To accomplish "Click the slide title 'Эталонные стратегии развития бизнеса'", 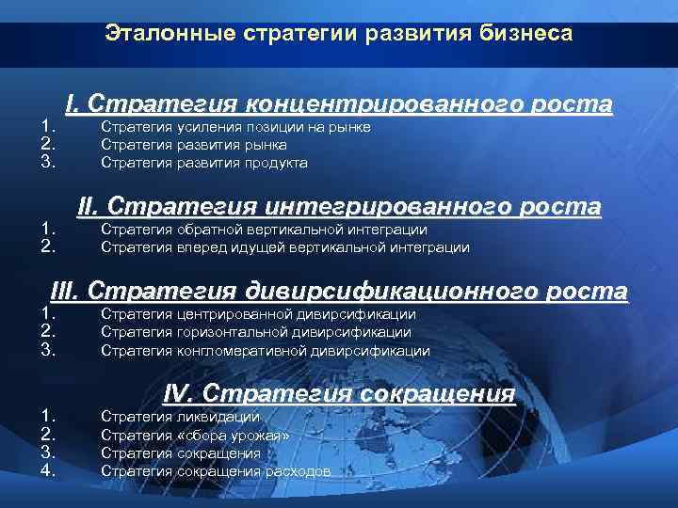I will tap(338, 34).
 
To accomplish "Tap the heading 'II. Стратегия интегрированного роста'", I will tap(339, 205).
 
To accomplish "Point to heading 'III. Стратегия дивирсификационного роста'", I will tap(339, 291).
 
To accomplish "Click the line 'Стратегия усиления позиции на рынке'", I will tap(235, 127).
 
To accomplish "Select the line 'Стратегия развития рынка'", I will tap(194, 145).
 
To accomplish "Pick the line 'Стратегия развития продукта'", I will tap(204, 163).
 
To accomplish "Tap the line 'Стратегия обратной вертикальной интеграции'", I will tap(264, 230).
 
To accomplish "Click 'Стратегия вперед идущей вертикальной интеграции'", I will tap(284, 247).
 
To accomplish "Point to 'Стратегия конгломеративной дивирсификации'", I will tap(265, 351).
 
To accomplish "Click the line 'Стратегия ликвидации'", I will tap(180, 417).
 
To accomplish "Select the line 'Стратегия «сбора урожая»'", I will tap(195, 436).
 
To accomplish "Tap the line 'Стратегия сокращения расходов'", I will tap(216, 471).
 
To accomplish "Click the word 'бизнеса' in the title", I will tap(531, 34).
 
